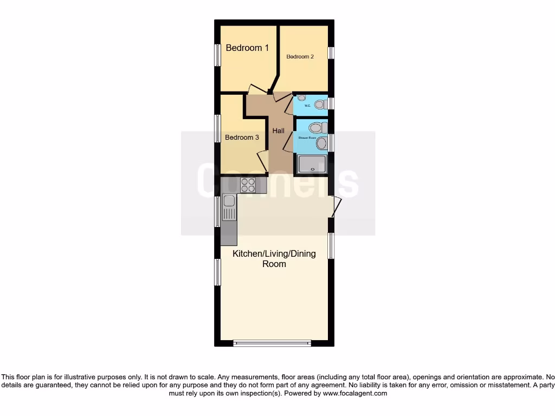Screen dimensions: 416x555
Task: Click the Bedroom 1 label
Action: point(247,48)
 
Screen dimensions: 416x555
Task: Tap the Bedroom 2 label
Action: point(300,56)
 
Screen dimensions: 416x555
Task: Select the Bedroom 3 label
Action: point(242,138)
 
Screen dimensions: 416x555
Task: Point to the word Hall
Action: point(278,131)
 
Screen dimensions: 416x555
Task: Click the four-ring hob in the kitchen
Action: point(248,185)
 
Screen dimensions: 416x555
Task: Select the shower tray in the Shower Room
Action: point(310,164)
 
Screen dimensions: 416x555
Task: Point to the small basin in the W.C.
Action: point(301,97)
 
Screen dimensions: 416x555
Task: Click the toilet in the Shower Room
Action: point(316,128)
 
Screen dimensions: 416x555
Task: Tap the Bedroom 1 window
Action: point(217,55)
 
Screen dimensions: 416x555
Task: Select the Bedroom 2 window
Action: point(331,52)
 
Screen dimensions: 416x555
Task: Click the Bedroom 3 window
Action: point(217,128)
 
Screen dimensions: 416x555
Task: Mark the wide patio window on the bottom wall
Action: point(272,343)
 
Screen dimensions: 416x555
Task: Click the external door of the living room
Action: point(336,206)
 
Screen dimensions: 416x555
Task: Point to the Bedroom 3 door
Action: point(262,161)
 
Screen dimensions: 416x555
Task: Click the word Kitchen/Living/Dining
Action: point(274,253)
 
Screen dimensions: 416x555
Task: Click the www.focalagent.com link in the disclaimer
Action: point(355,394)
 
